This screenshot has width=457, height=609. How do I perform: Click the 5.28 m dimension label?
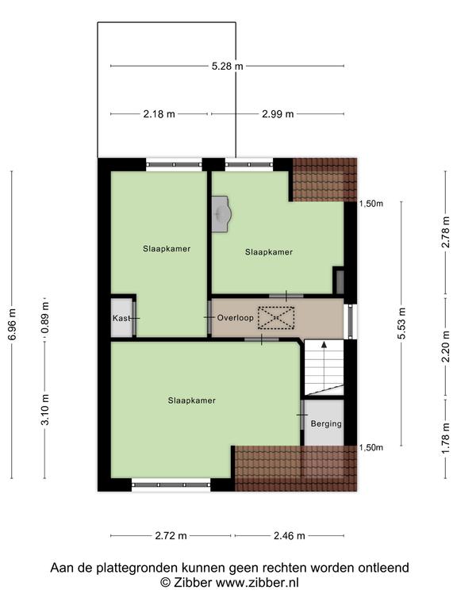pyautogui.click(x=228, y=66)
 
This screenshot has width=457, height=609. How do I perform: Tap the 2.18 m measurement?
pyautogui.click(x=159, y=114)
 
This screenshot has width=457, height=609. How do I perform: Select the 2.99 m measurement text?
pyautogui.click(x=278, y=114)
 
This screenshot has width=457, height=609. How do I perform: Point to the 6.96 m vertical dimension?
pyautogui.click(x=13, y=324)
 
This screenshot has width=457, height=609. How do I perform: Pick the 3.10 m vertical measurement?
pyautogui.click(x=45, y=409)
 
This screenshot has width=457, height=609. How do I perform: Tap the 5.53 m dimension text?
pyautogui.click(x=401, y=324)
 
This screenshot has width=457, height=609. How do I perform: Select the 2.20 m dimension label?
pyautogui.click(x=446, y=346)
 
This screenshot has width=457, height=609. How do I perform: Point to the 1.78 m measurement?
pyautogui.click(x=446, y=438)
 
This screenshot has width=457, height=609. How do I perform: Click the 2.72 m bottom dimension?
pyautogui.click(x=171, y=536)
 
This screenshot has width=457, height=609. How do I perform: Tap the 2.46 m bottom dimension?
pyautogui.click(x=290, y=536)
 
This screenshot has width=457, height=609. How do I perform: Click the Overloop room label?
pyautogui.click(x=235, y=318)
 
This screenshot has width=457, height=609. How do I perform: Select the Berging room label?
pyautogui.click(x=326, y=423)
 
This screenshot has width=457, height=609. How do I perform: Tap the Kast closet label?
pyautogui.click(x=121, y=319)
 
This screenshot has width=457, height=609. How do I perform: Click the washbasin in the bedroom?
pyautogui.click(x=221, y=214)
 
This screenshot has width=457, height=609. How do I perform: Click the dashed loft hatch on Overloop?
pyautogui.click(x=276, y=318)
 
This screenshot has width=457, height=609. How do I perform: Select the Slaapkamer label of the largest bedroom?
pyautogui.click(x=191, y=400)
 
